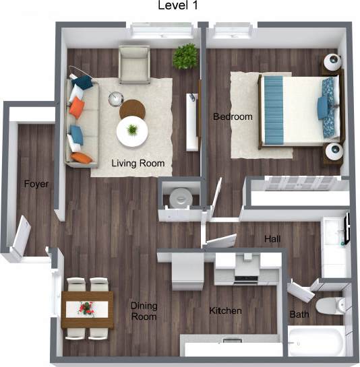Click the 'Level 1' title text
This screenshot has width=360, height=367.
178,6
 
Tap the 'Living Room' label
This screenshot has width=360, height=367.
138,164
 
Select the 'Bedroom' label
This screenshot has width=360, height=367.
233,117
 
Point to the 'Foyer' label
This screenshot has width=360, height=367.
36,184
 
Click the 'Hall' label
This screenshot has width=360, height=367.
273,238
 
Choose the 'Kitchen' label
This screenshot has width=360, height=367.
225,311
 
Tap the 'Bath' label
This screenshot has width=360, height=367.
299,314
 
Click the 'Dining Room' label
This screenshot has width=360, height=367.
144,311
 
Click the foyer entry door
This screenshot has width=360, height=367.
20,236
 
